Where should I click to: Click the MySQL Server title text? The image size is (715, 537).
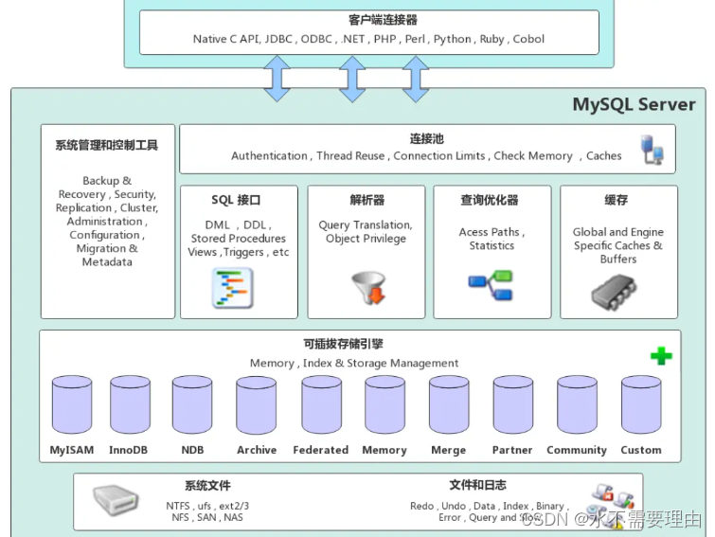point(634,104)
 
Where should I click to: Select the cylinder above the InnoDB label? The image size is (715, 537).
point(130,405)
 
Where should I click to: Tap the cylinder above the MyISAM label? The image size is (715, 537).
point(71,405)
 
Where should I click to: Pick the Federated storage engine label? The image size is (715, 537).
point(320,450)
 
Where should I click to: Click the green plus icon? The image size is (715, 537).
point(661,357)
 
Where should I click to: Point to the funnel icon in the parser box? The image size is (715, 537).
point(367,288)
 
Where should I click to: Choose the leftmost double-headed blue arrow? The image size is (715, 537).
point(277,78)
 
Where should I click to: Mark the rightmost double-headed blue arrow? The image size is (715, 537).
point(415,78)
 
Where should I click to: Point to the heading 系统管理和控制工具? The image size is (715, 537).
point(107,146)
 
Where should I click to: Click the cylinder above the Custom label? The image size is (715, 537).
point(641,405)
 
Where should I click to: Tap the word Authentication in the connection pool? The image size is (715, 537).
point(269,156)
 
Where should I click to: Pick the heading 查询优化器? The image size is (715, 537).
point(490,201)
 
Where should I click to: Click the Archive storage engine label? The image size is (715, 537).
point(257,450)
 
